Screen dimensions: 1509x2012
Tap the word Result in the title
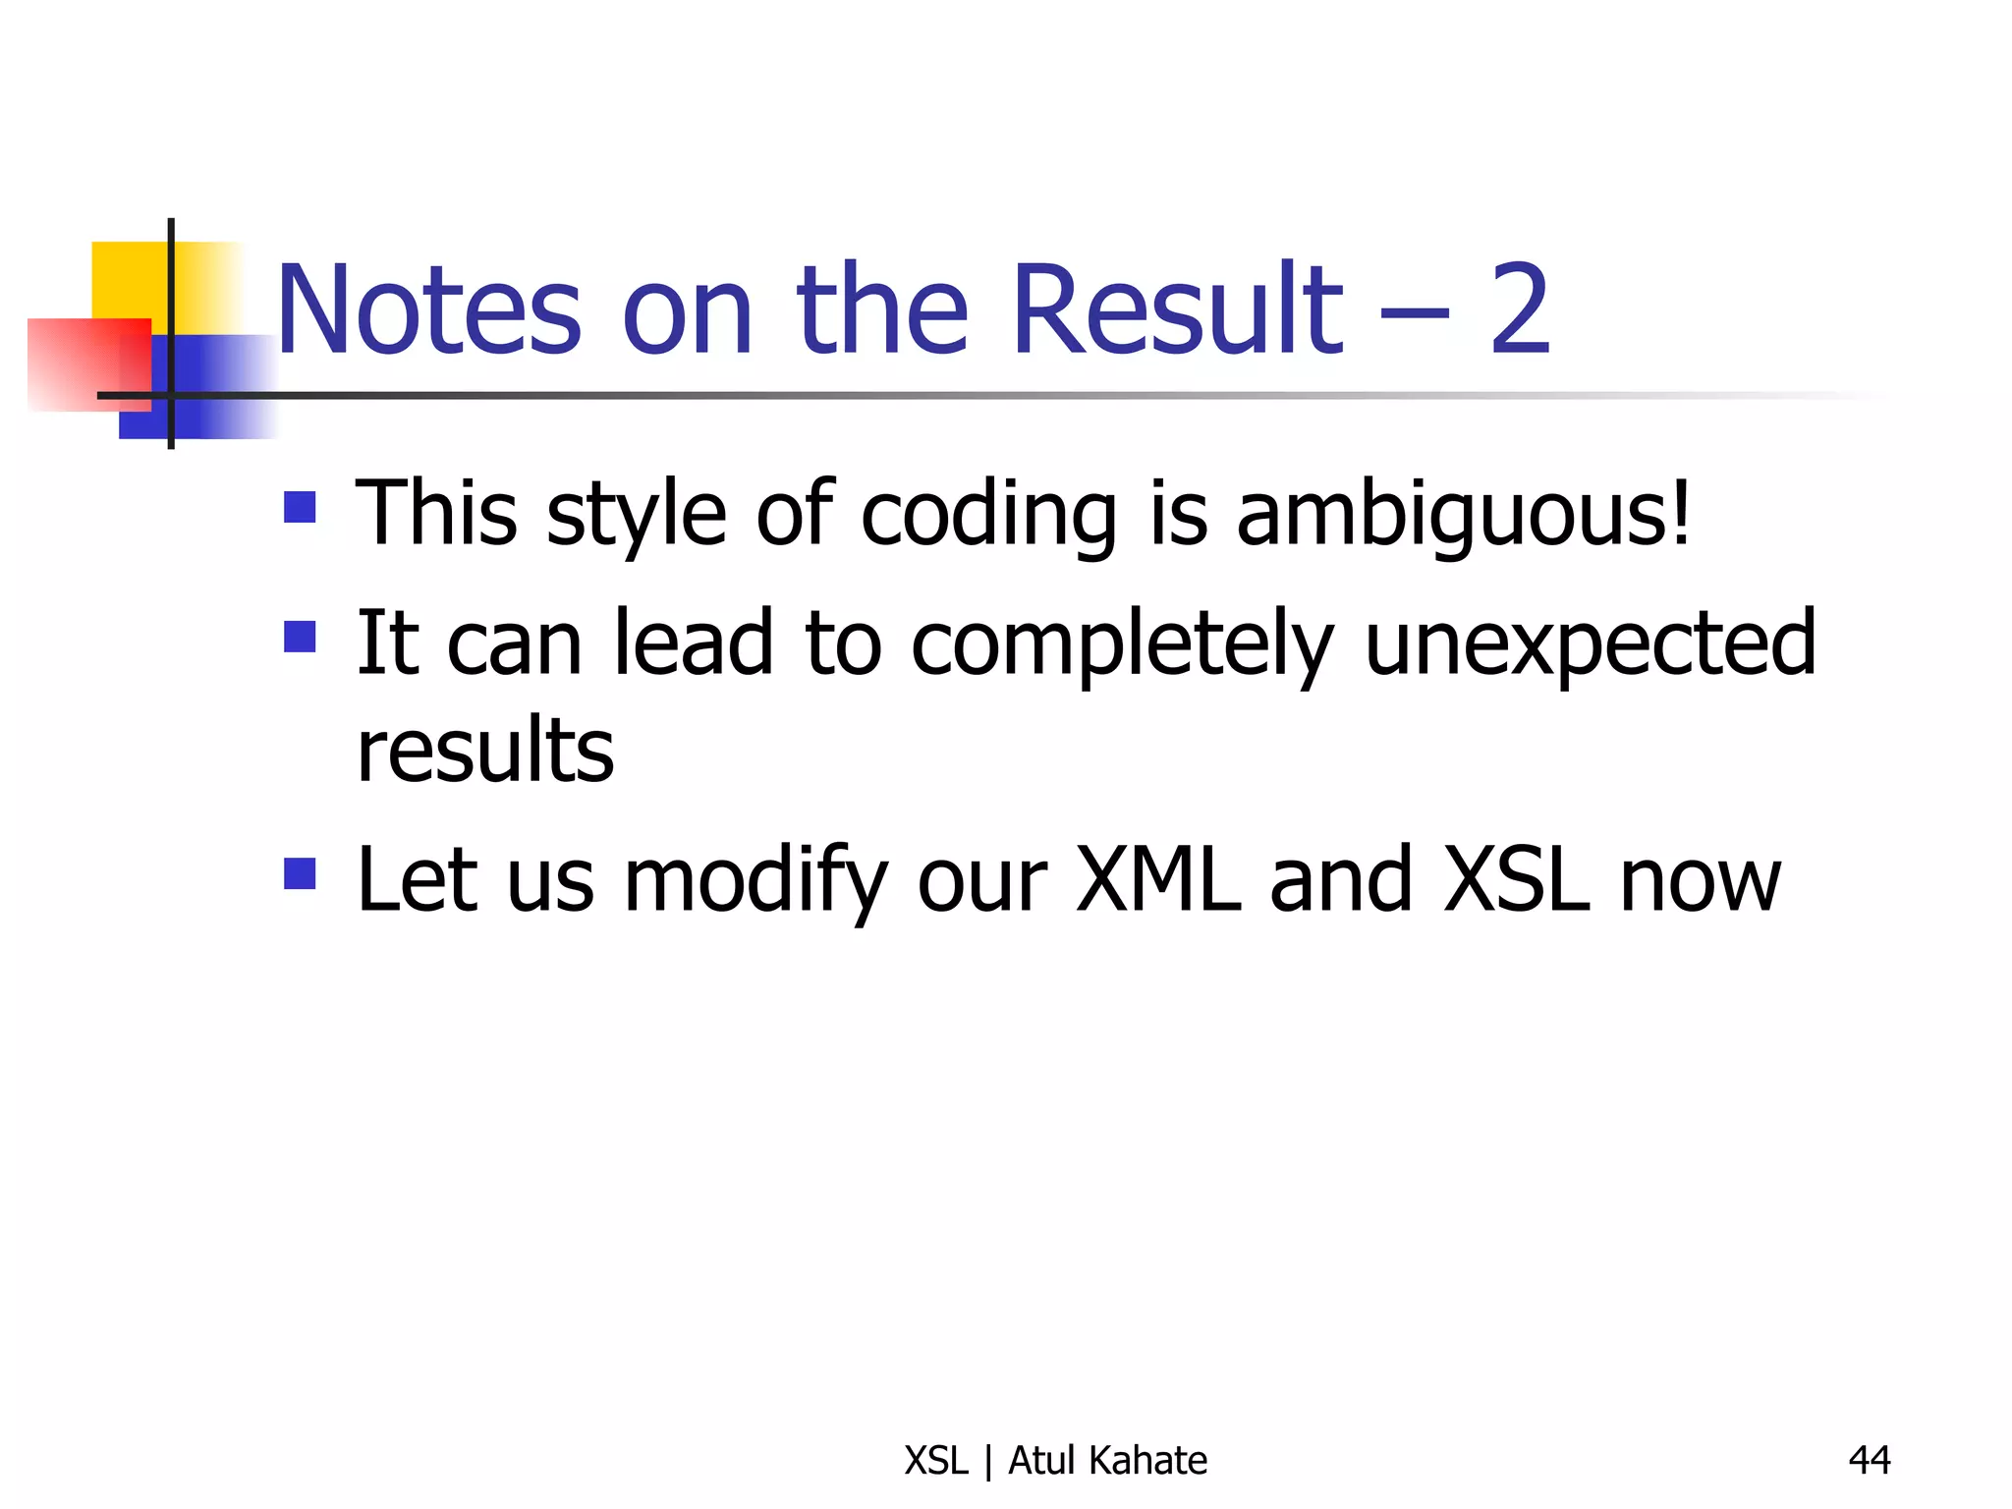(x=1177, y=311)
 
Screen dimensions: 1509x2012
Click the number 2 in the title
(x=1519, y=311)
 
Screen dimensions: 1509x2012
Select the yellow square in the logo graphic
(x=128, y=280)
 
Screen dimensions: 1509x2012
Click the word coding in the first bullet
(x=988, y=516)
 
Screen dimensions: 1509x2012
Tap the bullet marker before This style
(x=300, y=508)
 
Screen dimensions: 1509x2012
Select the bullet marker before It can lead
(x=300, y=637)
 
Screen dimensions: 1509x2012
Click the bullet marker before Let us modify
(x=300, y=873)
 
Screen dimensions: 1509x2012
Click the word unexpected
(x=1590, y=644)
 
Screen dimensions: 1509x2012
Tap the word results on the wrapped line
(x=485, y=753)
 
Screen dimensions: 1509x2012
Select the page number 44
(x=1869, y=1460)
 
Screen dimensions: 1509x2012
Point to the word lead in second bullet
(x=693, y=644)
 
